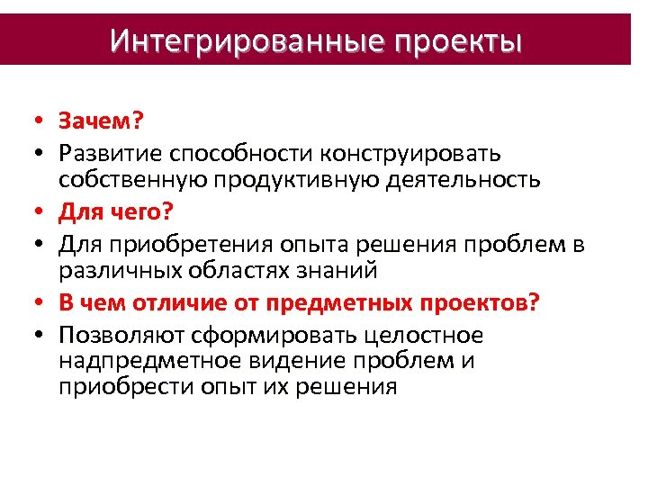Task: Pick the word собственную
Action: pyautogui.click(x=133, y=179)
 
